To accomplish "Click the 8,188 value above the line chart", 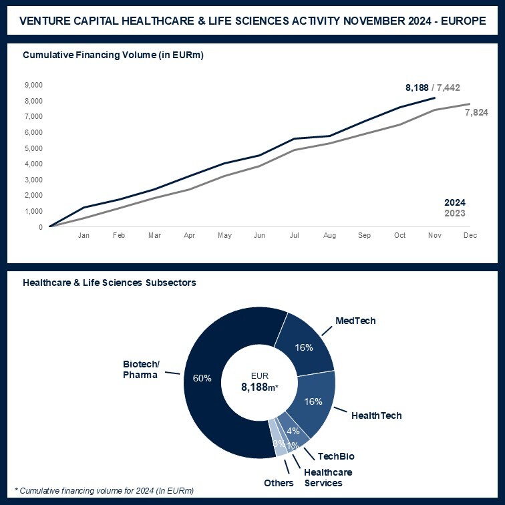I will (417, 88).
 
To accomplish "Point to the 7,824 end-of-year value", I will (476, 112).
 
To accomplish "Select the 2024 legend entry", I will (455, 202).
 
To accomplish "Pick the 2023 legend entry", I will (455, 213).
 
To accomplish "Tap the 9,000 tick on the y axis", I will (33, 85).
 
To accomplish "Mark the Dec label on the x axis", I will (470, 236).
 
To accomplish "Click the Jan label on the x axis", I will (84, 236).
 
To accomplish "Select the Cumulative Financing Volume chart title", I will (113, 55).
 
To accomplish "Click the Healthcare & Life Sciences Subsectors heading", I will (110, 283).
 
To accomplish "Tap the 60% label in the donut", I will (202, 378).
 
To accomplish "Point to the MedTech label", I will (356, 321).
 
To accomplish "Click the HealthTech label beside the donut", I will (377, 415).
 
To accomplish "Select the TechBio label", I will (336, 456).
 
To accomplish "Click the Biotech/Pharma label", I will (140, 369).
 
